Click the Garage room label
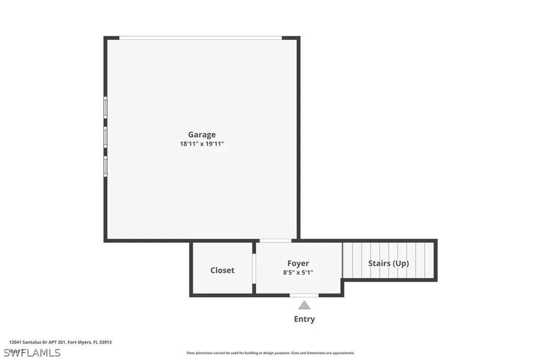(x=202, y=135)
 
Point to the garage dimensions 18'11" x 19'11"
(x=202, y=144)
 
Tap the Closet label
(x=222, y=270)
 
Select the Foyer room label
(x=298, y=263)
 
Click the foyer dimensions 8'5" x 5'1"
(x=298, y=272)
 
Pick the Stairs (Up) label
(x=388, y=263)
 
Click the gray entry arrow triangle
(x=304, y=305)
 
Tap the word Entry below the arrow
(x=304, y=319)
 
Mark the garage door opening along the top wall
(x=201, y=38)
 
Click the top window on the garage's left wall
(x=106, y=108)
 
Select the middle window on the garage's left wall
(x=106, y=137)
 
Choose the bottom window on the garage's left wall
(x=106, y=166)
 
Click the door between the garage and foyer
(x=275, y=241)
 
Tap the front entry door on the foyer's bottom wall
(x=304, y=295)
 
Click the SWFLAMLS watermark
(x=32, y=353)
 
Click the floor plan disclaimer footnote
(x=270, y=353)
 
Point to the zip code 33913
(x=106, y=342)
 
